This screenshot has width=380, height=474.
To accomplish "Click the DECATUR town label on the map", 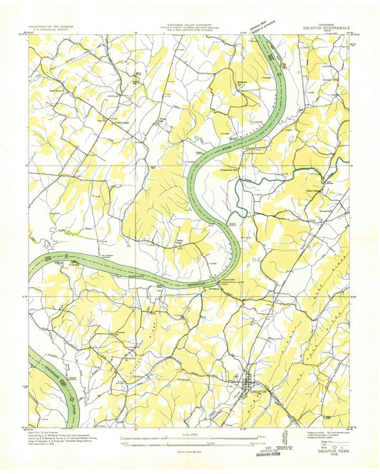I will coord(253,391).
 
